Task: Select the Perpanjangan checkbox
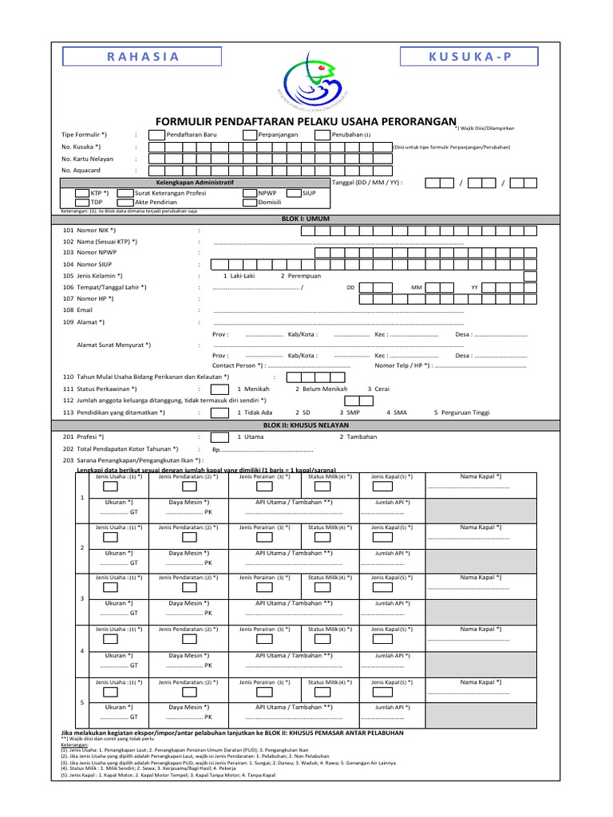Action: (x=249, y=135)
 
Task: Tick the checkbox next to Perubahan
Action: (x=322, y=135)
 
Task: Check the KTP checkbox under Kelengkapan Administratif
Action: (x=83, y=193)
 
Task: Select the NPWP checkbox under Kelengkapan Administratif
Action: (x=249, y=193)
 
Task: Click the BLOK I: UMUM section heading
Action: (x=306, y=218)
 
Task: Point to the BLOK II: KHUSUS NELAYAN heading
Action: (x=306, y=426)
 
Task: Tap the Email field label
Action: (x=85, y=310)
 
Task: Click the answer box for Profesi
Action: (x=219, y=437)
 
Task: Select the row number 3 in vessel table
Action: (x=82, y=598)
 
